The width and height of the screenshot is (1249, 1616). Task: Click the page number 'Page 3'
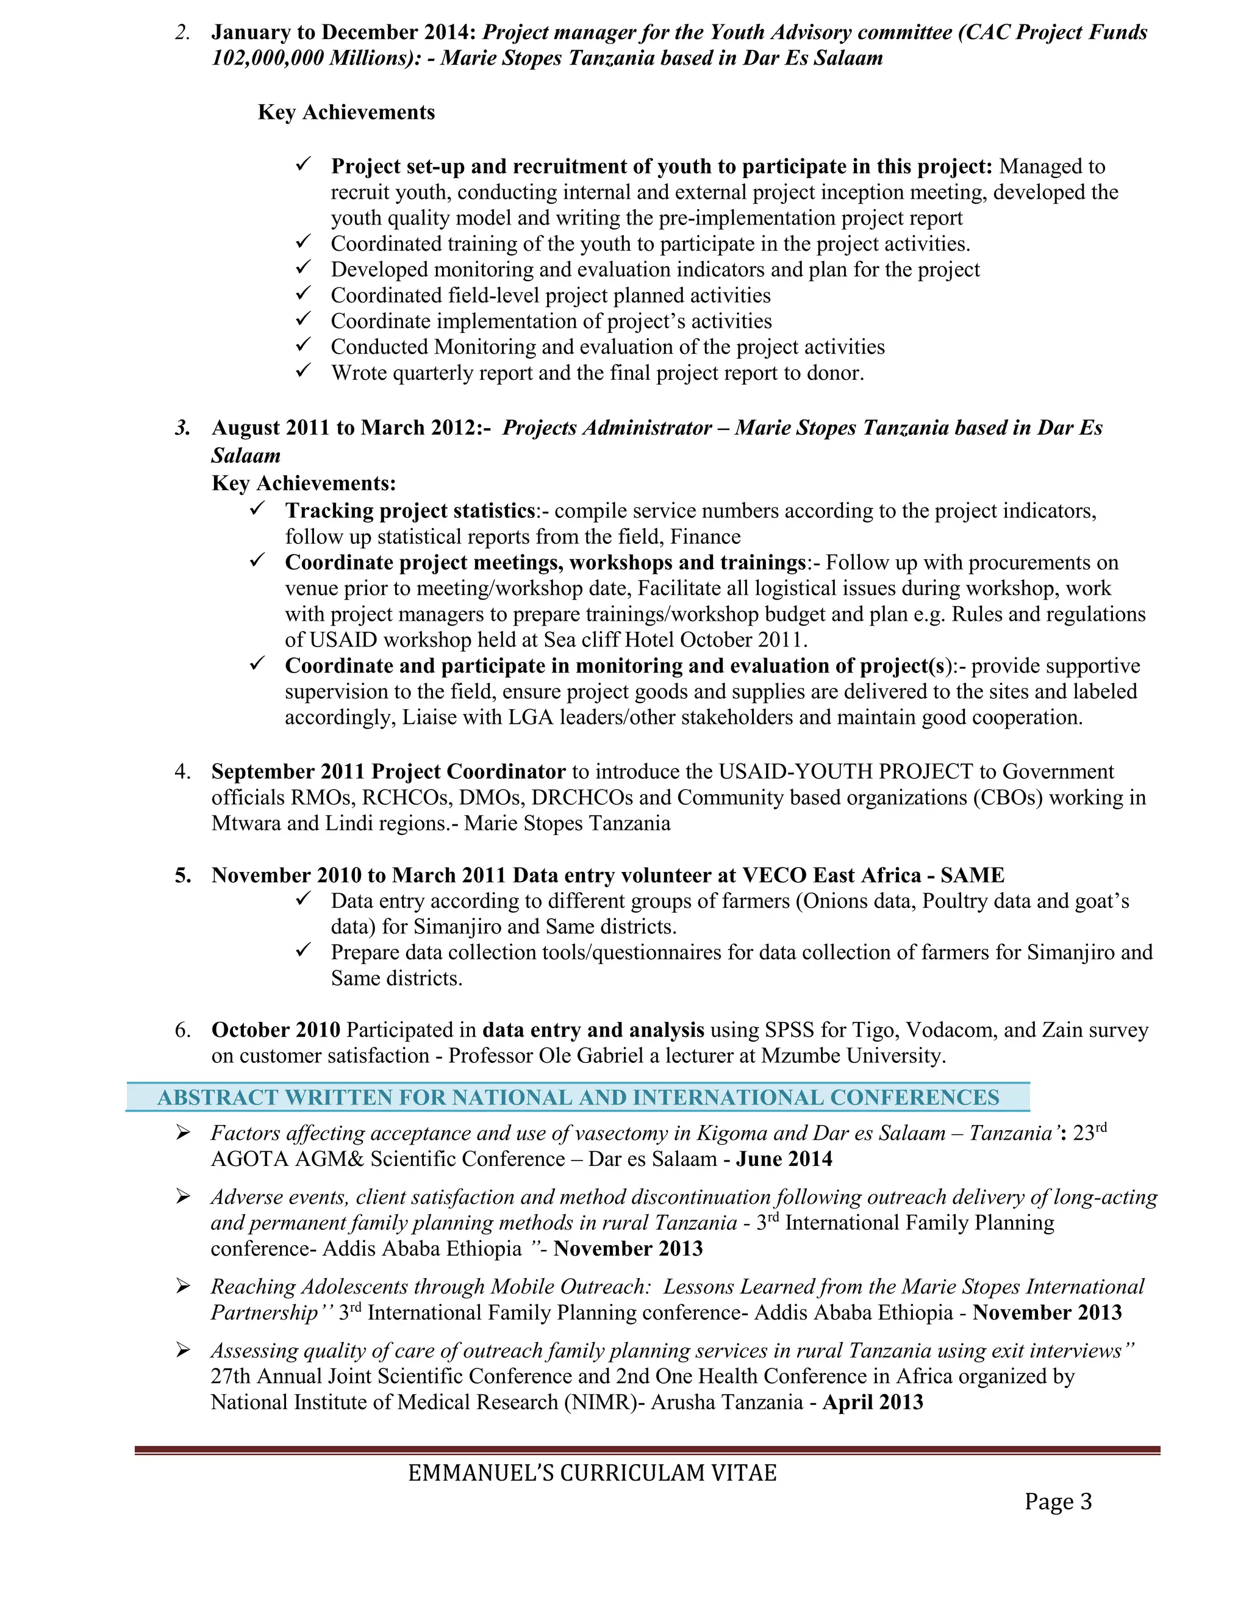(1058, 1501)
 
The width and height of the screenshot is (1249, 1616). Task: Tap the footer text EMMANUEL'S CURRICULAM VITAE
(592, 1473)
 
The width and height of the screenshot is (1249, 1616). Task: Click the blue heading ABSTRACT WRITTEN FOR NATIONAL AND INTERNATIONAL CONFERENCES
(578, 1097)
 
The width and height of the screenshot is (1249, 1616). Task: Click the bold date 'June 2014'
(784, 1159)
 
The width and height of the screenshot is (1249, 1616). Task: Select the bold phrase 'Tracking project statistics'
(410, 510)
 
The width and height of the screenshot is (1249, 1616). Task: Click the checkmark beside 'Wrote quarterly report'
(303, 371)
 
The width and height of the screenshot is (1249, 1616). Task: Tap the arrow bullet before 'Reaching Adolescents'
(184, 1286)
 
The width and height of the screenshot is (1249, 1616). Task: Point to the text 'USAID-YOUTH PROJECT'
(846, 772)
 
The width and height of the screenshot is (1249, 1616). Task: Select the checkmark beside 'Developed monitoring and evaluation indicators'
(303, 268)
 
